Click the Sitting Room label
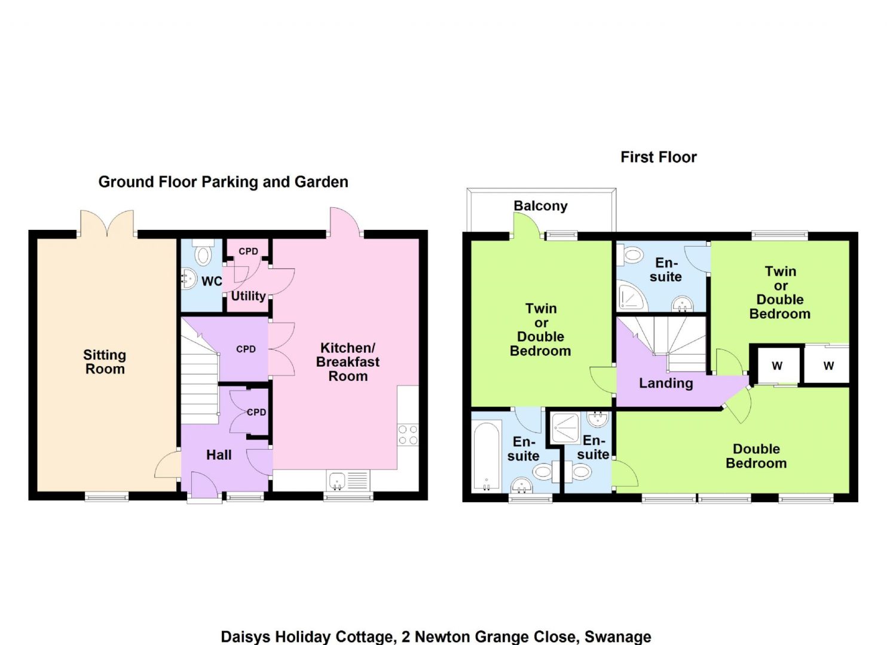105,362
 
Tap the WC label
212,281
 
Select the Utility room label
248,296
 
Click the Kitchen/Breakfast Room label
348,362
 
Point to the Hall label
219,454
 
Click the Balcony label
540,206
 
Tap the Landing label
666,383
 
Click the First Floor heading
659,157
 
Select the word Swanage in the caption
618,637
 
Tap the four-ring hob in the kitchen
408,435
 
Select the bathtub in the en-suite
487,457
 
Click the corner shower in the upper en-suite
631,296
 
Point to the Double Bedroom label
756,456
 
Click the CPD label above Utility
248,251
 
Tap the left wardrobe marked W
777,365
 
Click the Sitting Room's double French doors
107,223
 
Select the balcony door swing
527,225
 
